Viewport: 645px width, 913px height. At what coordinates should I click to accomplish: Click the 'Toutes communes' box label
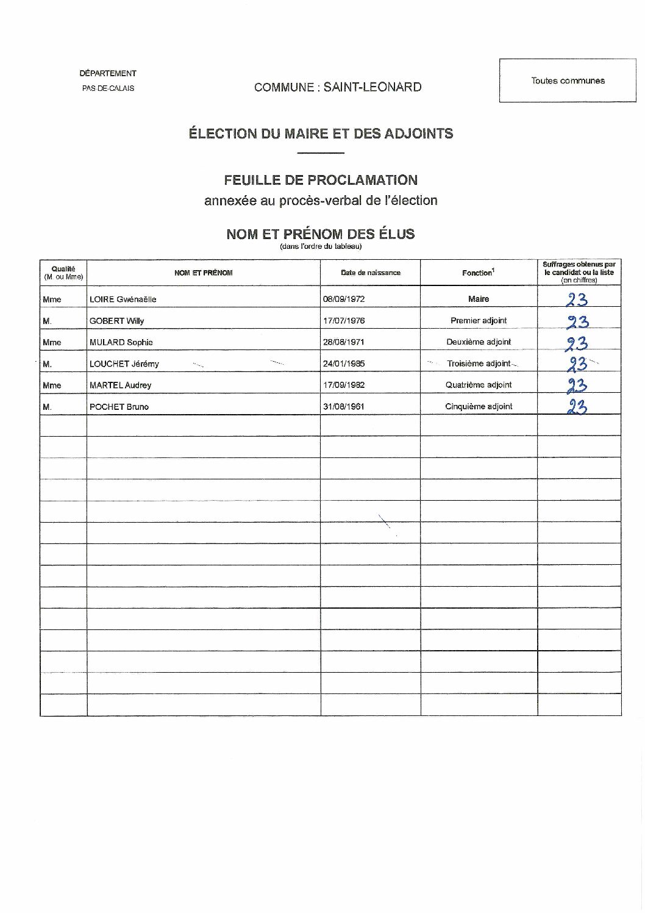click(x=568, y=81)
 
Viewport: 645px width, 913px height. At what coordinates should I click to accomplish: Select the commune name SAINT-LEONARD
click(x=372, y=87)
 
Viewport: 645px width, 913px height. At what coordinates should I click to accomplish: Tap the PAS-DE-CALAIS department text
click(x=109, y=88)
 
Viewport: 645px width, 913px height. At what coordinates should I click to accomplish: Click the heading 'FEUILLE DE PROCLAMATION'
click(x=321, y=180)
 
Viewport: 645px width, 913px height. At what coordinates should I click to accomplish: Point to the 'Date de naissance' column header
click(x=371, y=273)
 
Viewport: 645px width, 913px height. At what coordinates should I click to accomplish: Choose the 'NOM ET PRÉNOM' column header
click(x=203, y=273)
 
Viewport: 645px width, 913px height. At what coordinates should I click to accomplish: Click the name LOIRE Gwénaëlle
click(x=123, y=299)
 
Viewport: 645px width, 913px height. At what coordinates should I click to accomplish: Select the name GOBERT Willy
click(x=116, y=321)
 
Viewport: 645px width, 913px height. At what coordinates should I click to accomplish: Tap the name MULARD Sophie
click(x=121, y=342)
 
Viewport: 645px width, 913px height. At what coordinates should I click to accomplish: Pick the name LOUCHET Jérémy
click(x=124, y=364)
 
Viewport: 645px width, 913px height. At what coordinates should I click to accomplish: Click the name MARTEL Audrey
click(x=120, y=385)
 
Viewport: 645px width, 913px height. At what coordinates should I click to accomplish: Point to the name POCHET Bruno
click(x=119, y=407)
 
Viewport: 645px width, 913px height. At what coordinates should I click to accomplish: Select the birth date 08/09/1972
click(x=344, y=299)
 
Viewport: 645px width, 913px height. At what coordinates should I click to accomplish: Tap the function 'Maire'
click(x=479, y=299)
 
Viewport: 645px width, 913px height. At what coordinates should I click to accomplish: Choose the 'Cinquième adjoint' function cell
click(x=479, y=406)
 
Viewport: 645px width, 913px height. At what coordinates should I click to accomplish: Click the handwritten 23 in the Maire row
click(x=576, y=299)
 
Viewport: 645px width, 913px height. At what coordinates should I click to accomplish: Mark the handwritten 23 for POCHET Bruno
click(x=576, y=407)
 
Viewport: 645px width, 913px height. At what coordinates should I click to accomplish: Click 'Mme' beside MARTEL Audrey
click(x=52, y=385)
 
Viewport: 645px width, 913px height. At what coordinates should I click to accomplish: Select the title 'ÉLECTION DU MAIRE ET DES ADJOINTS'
click(x=321, y=134)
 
